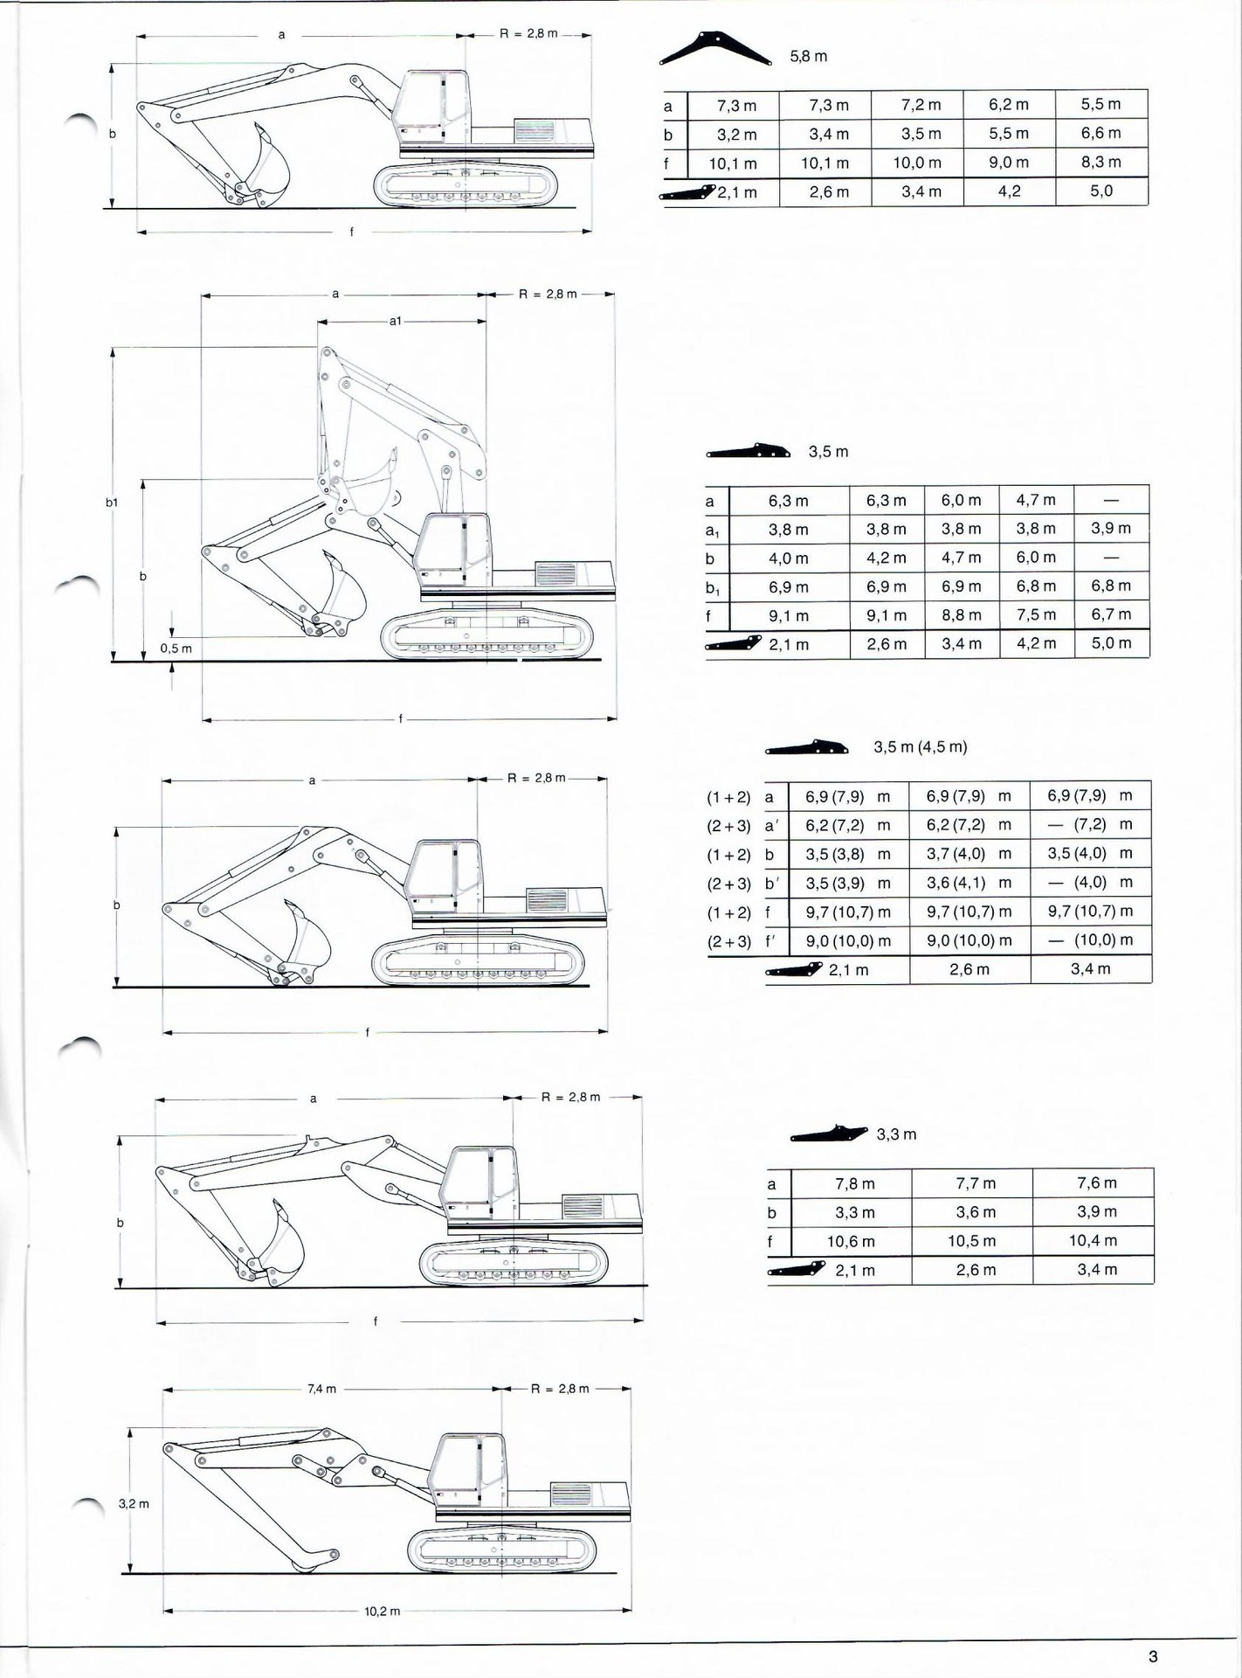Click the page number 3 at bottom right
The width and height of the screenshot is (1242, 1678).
1153,1656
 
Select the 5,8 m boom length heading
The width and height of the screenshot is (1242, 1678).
808,57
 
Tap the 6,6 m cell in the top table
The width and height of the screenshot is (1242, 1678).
1101,133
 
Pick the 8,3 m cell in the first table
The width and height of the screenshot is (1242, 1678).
1101,162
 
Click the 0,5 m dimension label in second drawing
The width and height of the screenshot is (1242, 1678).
176,648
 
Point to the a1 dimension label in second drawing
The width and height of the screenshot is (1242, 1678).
396,322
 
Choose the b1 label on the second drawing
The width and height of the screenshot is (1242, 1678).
112,503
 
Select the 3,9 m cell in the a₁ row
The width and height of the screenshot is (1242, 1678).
1110,528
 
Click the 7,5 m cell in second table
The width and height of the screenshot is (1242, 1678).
1036,614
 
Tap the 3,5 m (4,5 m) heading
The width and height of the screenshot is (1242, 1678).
920,747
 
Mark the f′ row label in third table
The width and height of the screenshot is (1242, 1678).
771,940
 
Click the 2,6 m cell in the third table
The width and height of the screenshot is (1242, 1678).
969,969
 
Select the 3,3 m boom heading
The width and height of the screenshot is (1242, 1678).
896,1134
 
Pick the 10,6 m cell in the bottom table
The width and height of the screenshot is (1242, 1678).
851,1241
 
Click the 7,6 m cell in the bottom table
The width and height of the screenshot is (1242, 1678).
1096,1182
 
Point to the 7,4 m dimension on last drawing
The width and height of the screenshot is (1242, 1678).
321,1389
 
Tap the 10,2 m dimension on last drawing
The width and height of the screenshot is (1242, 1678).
382,1611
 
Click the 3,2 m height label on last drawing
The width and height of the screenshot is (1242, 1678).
134,1504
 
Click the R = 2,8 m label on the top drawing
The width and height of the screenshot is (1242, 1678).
528,33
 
